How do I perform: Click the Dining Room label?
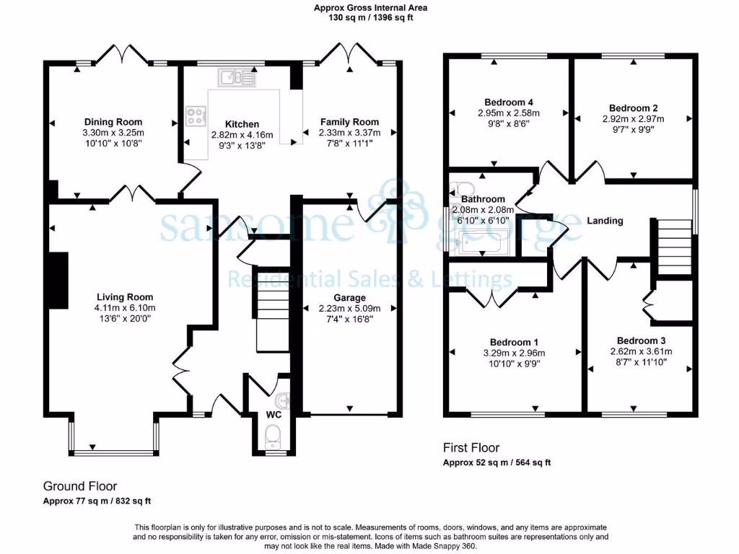(113, 122)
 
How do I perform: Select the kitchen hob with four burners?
(196, 116)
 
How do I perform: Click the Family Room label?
(349, 122)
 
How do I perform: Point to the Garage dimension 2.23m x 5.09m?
(349, 309)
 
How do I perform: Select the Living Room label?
(126, 296)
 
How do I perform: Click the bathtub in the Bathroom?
(484, 244)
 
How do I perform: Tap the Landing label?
(605, 221)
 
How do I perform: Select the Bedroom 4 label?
(509, 102)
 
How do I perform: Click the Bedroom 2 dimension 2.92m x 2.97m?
(633, 119)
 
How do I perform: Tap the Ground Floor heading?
(80, 486)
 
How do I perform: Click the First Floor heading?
(471, 448)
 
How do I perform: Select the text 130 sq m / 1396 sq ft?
(369, 17)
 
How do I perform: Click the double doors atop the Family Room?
(349, 54)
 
